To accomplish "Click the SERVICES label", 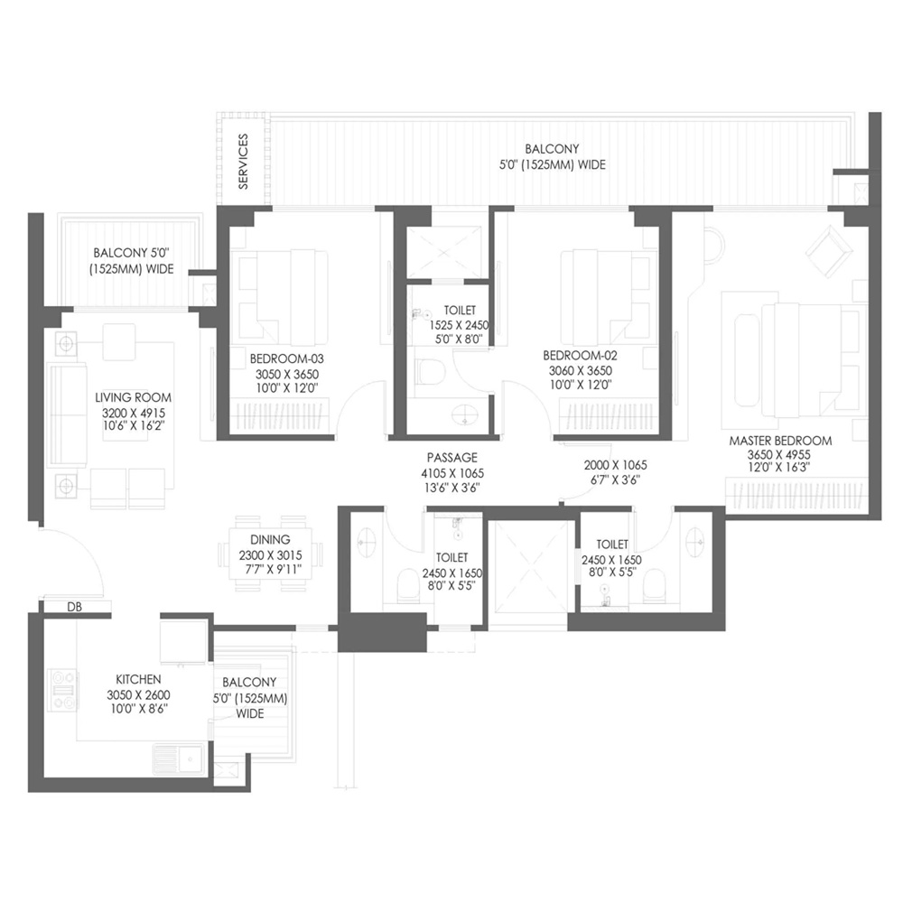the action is [x=243, y=162].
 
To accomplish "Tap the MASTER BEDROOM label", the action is [x=780, y=441].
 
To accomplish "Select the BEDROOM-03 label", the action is [x=287, y=358].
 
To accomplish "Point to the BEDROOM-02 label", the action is [x=580, y=355].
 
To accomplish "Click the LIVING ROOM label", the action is [x=133, y=397].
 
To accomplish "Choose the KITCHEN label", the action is [x=138, y=680].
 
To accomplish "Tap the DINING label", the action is [x=270, y=540].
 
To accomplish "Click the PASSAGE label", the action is [x=452, y=458].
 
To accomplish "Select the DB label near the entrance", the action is [x=74, y=607].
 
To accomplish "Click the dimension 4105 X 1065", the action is [x=452, y=473].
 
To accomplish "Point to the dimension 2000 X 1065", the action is [x=615, y=465].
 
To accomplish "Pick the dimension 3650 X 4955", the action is [x=778, y=455].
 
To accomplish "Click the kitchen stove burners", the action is [x=63, y=690].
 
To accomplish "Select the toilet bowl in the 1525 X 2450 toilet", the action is [x=429, y=371].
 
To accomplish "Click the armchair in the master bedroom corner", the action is [x=829, y=248].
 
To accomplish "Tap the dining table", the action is [x=270, y=554].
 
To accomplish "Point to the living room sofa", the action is [x=68, y=414].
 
